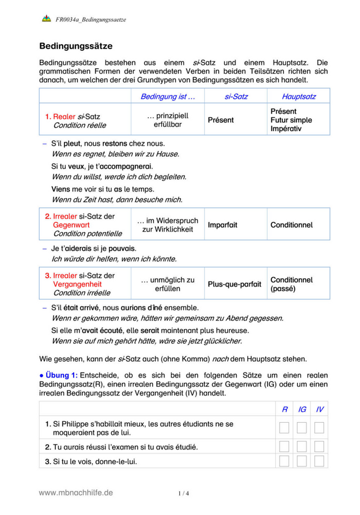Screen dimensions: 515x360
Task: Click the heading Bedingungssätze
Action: pyautogui.click(x=76, y=45)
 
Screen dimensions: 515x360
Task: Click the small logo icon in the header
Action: pyautogui.click(x=46, y=20)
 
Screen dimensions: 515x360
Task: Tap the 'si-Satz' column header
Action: pyautogui.click(x=236, y=97)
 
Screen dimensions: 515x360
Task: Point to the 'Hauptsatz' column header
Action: pyautogui.click(x=299, y=97)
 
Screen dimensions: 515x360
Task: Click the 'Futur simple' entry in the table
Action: pyautogui.click(x=291, y=120)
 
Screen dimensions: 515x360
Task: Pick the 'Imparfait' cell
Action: pyautogui.click(x=223, y=225)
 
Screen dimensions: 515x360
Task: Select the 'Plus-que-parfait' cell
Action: pyautogui.click(x=234, y=284)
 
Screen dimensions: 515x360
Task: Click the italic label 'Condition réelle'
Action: pyautogui.click(x=79, y=126)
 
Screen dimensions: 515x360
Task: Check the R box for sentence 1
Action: pyautogui.click(x=285, y=428)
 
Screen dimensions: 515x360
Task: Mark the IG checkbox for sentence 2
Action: pyautogui.click(x=302, y=447)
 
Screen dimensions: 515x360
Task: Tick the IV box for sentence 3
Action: pyautogui.click(x=319, y=461)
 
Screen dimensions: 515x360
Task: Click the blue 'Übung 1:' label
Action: pyautogui.click(x=62, y=375)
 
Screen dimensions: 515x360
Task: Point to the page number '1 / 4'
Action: pyautogui.click(x=184, y=493)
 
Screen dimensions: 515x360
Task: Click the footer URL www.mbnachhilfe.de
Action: pyautogui.click(x=76, y=492)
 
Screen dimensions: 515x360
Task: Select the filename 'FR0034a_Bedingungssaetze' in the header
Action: pyautogui.click(x=91, y=20)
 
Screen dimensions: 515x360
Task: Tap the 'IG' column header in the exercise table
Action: pyautogui.click(x=302, y=409)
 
